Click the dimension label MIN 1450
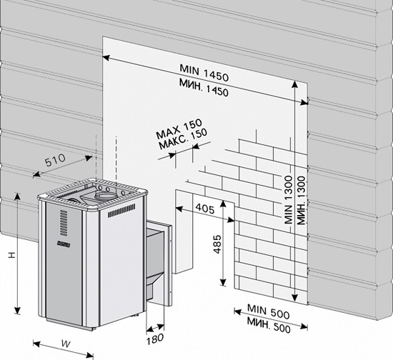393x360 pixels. click(204, 73)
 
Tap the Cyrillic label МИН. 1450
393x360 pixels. click(204, 88)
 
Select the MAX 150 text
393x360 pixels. click(179, 129)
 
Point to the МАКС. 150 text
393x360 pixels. click(183, 139)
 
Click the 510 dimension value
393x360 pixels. click(55, 160)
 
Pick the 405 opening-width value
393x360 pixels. click(205, 209)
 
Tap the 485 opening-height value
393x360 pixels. click(217, 244)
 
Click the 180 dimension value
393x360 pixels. click(155, 339)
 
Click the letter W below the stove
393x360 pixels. click(66, 344)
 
